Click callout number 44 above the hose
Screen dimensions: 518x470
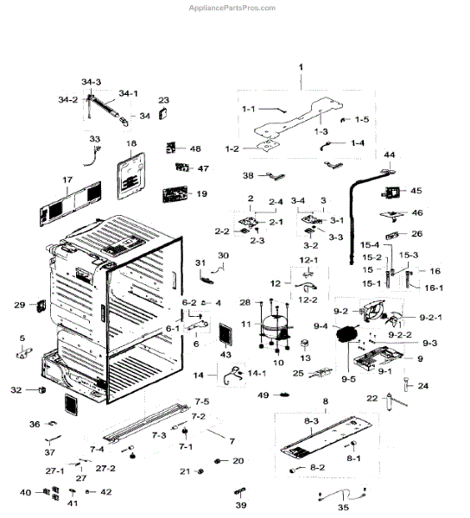[390, 155]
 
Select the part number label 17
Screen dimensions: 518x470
[67, 181]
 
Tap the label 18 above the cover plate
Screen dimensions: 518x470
[131, 143]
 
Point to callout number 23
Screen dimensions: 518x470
[163, 101]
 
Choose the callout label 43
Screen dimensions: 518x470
[225, 356]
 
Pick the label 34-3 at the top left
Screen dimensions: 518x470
[92, 81]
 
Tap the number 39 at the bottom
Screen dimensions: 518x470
[240, 506]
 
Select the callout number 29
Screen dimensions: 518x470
[19, 305]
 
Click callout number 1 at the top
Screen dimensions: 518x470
[302, 67]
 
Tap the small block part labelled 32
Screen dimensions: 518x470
[41, 391]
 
